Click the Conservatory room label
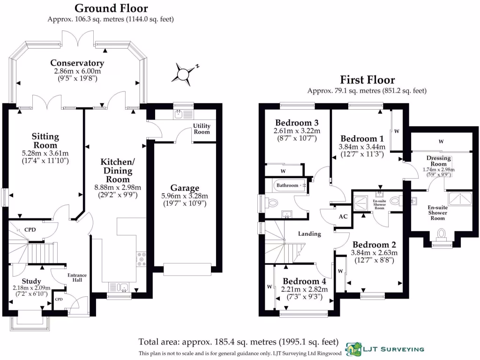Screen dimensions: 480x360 click(77, 63)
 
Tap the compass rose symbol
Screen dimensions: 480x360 click(184, 74)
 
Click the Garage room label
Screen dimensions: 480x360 click(185, 187)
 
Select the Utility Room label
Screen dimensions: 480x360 click(202, 129)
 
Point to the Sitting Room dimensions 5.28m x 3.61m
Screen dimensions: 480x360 click(45, 153)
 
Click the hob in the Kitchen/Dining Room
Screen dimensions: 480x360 click(141, 259)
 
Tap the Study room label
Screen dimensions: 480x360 click(31, 281)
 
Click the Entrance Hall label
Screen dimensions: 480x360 click(77, 277)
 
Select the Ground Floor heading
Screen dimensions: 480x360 click(111, 8)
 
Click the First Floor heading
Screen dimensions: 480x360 click(367, 80)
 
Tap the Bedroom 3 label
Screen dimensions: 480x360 click(297, 123)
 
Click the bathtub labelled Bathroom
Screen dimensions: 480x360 click(289, 185)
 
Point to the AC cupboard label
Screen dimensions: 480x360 click(343, 217)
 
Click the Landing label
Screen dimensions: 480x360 click(309, 234)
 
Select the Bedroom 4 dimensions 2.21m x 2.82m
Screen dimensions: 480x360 click(304, 289)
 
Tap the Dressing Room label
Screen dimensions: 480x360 click(438, 161)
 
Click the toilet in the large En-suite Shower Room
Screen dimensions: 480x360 click(441, 235)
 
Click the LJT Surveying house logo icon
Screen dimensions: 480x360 click(353, 349)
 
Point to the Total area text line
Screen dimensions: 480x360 click(239, 342)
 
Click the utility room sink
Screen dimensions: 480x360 click(178, 114)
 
